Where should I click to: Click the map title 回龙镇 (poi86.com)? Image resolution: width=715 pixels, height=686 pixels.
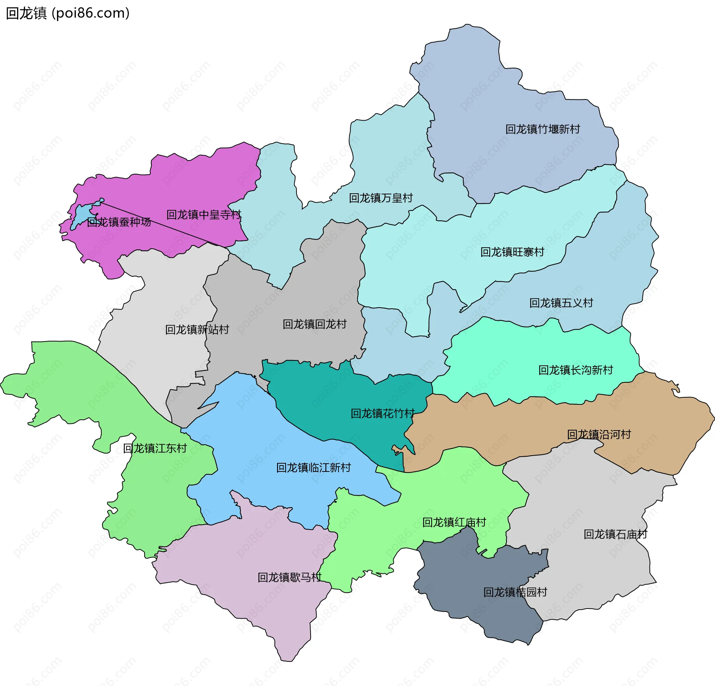click(68, 13)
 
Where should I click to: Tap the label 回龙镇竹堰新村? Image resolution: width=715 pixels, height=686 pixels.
click(543, 129)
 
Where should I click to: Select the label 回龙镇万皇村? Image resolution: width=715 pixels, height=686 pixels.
click(381, 198)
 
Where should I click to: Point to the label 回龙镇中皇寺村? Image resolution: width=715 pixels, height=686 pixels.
click(204, 215)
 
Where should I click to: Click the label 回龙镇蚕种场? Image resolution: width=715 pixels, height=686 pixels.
click(119, 222)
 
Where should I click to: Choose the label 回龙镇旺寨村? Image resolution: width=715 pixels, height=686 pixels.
click(512, 252)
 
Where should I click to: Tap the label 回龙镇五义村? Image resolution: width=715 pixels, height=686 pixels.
click(561, 303)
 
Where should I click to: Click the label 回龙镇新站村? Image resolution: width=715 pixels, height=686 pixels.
click(197, 330)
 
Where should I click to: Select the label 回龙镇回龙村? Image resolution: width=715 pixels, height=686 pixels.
click(314, 324)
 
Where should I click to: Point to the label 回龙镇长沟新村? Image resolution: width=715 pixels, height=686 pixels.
click(575, 370)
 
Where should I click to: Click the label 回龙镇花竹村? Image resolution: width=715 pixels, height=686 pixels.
click(382, 413)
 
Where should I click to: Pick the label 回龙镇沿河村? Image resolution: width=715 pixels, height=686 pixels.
click(599, 434)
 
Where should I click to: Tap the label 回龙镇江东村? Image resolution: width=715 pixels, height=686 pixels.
click(155, 448)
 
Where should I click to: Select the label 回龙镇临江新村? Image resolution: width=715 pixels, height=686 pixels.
click(313, 467)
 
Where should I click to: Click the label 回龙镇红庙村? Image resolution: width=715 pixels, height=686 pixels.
click(454, 522)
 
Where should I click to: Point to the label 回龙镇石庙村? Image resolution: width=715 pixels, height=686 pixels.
click(615, 534)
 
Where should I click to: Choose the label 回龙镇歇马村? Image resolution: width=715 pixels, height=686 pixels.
click(289, 577)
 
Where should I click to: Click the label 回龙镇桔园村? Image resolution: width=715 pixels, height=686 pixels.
click(515, 592)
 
